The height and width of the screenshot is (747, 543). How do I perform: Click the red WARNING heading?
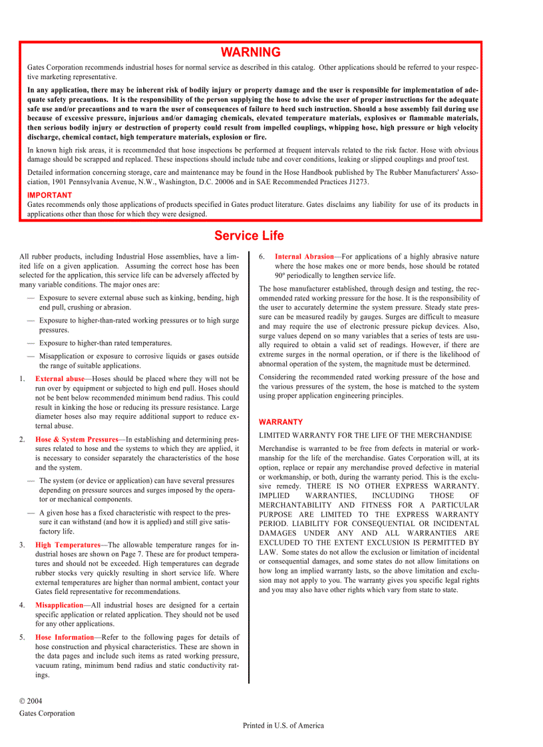coord(251,52)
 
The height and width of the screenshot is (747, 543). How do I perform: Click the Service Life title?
coord(249,235)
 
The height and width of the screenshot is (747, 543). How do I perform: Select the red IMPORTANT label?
coord(50,195)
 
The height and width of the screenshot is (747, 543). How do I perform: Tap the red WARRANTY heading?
coord(281,422)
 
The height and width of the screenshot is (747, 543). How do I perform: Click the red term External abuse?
coord(60,378)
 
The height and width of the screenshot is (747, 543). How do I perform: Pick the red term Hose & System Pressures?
coord(77,439)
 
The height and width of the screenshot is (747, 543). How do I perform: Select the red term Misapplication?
coord(59,605)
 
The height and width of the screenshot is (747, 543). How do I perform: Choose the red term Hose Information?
coord(65,637)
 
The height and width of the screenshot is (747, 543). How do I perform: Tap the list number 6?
coord(262,256)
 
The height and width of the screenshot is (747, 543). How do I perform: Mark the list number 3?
coord(22,545)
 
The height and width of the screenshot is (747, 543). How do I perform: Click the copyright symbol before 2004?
coord(23,701)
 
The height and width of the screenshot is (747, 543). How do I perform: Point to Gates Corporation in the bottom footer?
coord(47,713)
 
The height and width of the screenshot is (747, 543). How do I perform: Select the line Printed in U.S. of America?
coord(283,725)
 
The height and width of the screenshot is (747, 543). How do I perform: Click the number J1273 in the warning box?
coord(357,182)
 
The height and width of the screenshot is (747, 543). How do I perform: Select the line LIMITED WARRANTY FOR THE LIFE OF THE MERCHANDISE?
coord(365,435)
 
